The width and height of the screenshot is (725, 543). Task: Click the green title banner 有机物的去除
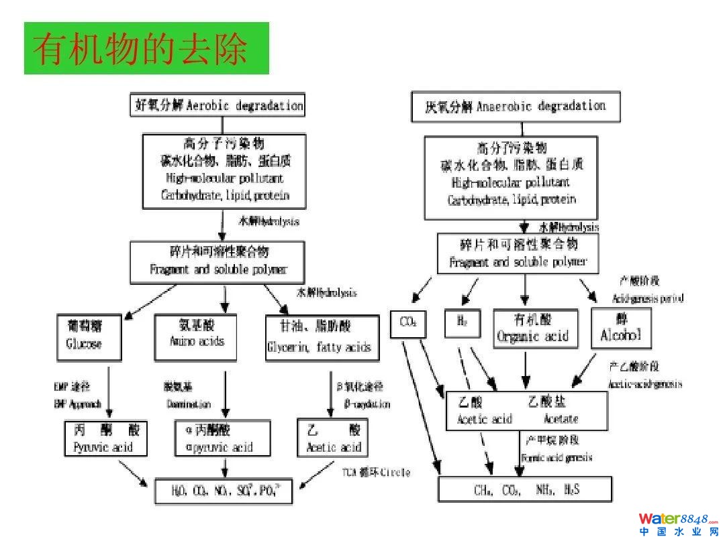146,48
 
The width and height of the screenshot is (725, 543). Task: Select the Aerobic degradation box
217,106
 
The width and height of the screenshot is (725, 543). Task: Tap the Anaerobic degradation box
516,107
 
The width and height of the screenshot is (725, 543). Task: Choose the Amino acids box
197,333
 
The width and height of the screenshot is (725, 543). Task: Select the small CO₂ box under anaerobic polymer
408,323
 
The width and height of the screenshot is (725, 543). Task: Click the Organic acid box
532,328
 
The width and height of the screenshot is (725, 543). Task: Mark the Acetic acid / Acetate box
526,410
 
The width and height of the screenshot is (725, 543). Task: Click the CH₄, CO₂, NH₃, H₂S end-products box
525,489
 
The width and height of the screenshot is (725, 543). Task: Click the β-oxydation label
367,404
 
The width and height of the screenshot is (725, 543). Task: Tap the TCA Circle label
376,472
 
